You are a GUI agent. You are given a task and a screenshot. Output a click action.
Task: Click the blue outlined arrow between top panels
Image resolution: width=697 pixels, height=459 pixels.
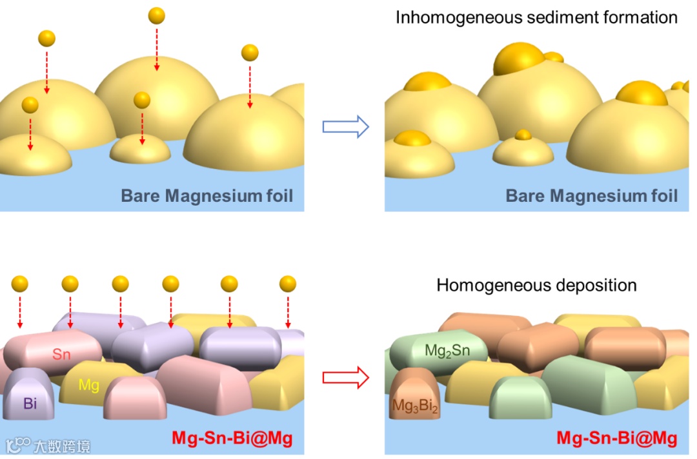pos(345,128)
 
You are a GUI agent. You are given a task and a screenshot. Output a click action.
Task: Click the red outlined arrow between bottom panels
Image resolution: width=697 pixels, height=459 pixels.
pos(345,378)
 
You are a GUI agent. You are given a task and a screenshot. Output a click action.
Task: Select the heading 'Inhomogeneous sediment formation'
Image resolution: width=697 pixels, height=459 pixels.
pos(536,17)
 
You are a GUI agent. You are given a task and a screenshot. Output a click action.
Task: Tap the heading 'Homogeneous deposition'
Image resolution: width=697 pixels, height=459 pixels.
pos(536,285)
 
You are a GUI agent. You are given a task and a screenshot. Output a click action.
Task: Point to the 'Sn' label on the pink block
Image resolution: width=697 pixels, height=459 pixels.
pos(62,354)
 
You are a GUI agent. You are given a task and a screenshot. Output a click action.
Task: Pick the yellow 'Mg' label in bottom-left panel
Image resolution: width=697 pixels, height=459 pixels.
pos(88,386)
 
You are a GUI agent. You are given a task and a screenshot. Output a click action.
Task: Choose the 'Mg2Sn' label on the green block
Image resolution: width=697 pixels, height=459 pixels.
pos(447,351)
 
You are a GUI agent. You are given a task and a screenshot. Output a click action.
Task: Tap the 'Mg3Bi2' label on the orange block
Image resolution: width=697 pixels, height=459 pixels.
pos(414,405)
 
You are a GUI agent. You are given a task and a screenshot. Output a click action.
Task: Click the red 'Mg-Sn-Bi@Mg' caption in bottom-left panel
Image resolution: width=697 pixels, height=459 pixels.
pos(232,438)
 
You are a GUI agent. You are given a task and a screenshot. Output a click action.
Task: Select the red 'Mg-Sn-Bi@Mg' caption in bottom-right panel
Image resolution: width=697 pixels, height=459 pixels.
pos(616,438)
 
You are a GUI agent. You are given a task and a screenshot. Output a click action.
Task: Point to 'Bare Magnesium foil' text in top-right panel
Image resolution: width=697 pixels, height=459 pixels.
pos(591,195)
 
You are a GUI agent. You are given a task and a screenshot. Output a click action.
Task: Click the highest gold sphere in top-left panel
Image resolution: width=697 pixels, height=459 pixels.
pos(157,16)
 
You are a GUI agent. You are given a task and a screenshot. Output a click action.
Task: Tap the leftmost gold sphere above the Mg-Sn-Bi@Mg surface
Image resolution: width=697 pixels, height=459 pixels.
pos(20,284)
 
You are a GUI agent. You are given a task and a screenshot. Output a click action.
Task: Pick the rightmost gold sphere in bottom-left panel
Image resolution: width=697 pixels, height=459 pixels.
pos(288,284)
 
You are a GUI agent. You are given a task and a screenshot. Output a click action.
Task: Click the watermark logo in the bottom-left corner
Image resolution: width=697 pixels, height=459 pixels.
pos(17,445)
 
